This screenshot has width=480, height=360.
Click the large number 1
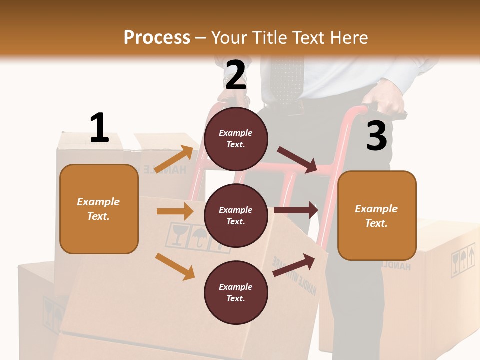[x=99, y=128]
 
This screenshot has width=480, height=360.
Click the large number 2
[x=236, y=75]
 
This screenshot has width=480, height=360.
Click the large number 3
[x=376, y=136]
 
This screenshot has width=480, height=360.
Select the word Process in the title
[x=157, y=37]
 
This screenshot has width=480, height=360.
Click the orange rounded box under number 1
[x=99, y=209]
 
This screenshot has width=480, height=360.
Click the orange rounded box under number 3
[x=377, y=215]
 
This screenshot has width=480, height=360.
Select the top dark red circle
[x=236, y=138]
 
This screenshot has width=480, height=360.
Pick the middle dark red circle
[x=236, y=215]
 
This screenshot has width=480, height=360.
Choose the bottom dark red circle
[x=236, y=292]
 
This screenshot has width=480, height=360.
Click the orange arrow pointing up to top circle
[x=174, y=159]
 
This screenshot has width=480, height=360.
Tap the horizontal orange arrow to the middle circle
[x=175, y=211]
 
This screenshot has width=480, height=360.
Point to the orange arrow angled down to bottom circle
[x=175, y=266]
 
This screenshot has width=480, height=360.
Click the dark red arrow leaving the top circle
[x=297, y=159]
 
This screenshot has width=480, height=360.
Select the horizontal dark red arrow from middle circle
[x=296, y=210]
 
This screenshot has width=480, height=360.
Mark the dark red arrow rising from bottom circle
[x=294, y=265]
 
